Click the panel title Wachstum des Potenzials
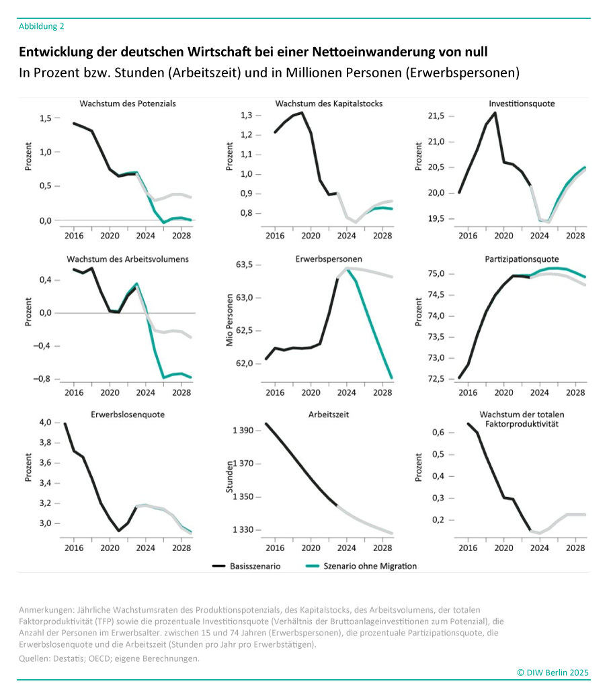click(128, 104)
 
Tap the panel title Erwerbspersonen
click(324, 259)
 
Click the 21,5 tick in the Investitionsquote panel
click(436, 116)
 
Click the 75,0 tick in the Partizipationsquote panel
click(436, 274)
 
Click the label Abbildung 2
click(42, 26)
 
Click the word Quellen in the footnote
click(36, 658)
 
